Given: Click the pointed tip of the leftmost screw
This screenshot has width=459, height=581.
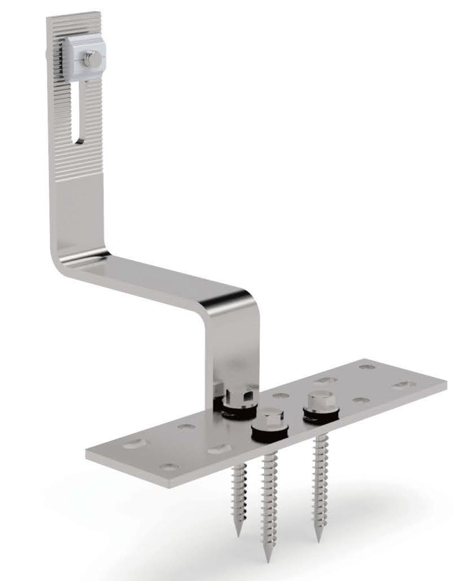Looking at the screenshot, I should pos(239,534).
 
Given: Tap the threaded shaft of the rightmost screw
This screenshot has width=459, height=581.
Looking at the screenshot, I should pos(318,477).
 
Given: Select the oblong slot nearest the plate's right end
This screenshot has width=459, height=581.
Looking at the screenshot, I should pos(405,383).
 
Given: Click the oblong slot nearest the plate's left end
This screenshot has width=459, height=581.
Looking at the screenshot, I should pos(134,444).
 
